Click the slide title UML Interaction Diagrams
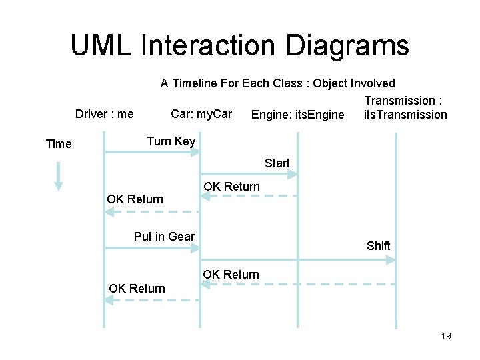239,45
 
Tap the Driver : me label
104,114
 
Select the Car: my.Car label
201,114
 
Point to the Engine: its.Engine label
298,115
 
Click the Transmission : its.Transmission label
405,107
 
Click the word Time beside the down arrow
59,143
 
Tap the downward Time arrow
59,176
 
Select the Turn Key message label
171,141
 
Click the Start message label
277,163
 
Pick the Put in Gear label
164,236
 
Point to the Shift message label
378,245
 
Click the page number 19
446,336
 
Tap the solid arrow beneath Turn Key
152,153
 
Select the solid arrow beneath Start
249,174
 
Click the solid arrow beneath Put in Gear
152,248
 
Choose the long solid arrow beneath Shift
297,259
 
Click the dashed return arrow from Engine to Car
249,196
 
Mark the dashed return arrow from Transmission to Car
297,285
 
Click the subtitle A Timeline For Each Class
277,83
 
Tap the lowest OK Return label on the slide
137,289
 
